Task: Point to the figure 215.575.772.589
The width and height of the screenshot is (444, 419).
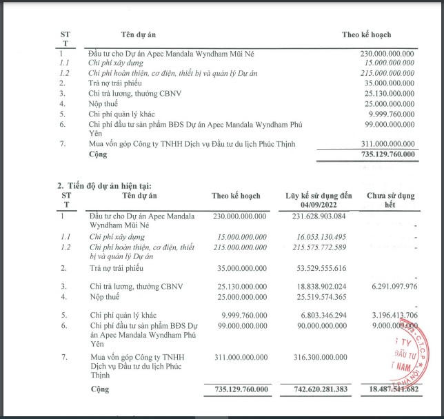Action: point(314,247)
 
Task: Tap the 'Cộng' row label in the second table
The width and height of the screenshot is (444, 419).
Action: point(100,390)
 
